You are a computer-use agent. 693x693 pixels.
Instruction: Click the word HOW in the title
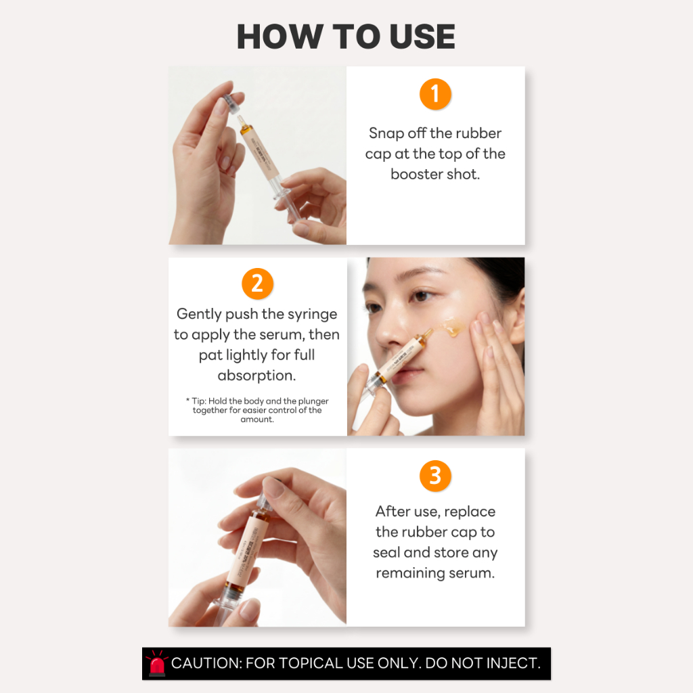pyautogui.click(x=280, y=37)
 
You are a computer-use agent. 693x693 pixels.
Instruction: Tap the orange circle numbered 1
pyautogui.click(x=435, y=94)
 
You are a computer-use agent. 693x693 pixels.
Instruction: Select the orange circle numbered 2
pyautogui.click(x=258, y=284)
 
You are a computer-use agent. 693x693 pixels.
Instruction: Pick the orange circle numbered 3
pyautogui.click(x=435, y=476)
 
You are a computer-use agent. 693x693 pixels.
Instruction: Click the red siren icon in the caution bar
pyautogui.click(x=156, y=663)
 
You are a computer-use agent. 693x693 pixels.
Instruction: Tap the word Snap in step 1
pyautogui.click(x=386, y=133)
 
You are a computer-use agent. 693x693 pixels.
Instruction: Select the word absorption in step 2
pyautogui.click(x=256, y=375)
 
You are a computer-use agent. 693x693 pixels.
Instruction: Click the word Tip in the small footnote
pyautogui.click(x=198, y=401)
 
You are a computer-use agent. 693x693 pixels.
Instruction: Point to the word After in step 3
pyautogui.click(x=393, y=512)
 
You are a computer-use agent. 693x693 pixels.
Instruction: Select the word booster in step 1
pyautogui.click(x=416, y=174)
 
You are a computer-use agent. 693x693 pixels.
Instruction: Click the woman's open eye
pyautogui.click(x=422, y=295)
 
